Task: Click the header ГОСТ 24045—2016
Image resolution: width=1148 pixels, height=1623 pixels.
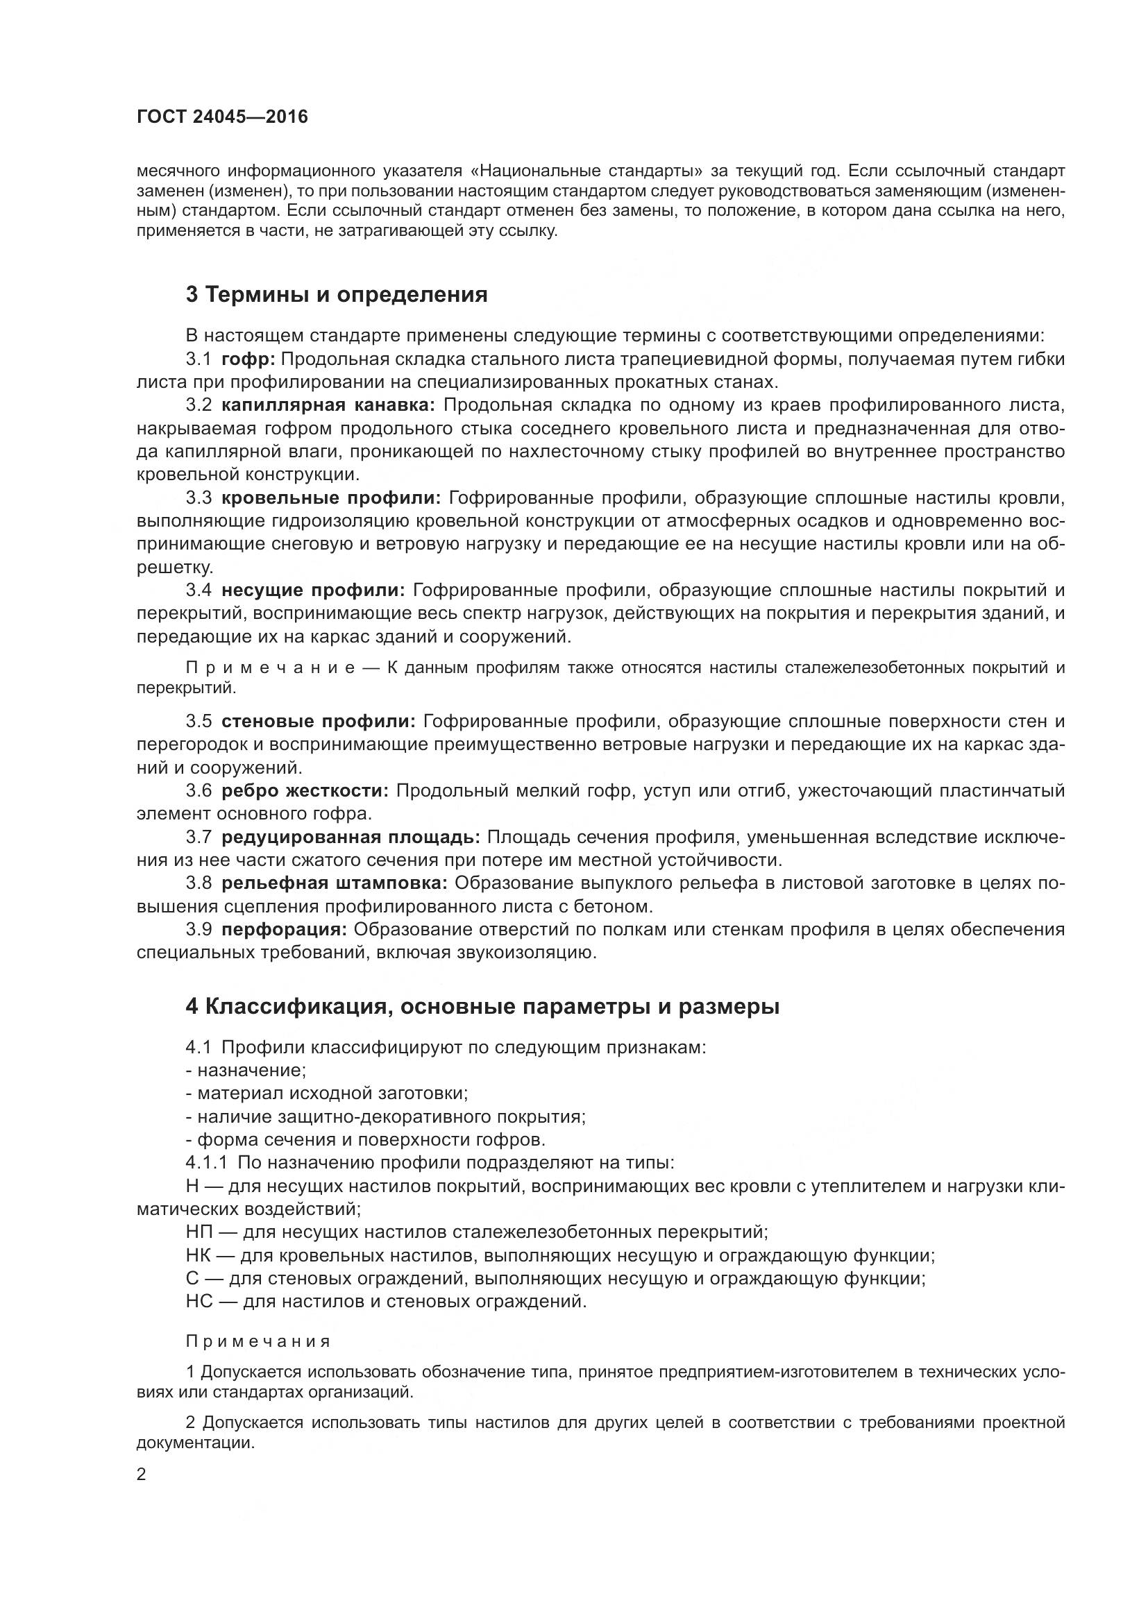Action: click(223, 117)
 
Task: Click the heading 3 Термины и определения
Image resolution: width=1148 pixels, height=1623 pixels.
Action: click(337, 294)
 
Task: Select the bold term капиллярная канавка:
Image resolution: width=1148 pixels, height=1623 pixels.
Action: click(329, 405)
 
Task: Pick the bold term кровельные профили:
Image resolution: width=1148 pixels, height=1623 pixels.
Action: click(331, 498)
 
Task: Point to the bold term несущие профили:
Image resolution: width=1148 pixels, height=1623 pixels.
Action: click(313, 590)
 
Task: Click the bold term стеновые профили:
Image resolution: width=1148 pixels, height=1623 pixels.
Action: click(318, 722)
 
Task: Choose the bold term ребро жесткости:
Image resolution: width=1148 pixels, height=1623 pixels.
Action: click(305, 790)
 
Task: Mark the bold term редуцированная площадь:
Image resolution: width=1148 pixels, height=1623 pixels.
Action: click(351, 837)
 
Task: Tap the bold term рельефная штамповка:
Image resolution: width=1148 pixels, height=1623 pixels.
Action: click(335, 883)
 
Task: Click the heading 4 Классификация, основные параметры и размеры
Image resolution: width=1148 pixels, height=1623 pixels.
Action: click(482, 1006)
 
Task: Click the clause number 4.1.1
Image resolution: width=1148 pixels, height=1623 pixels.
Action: click(206, 1163)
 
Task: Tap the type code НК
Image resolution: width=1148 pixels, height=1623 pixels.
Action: click(199, 1255)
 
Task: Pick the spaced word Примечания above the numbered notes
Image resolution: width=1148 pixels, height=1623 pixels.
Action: click(258, 1342)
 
